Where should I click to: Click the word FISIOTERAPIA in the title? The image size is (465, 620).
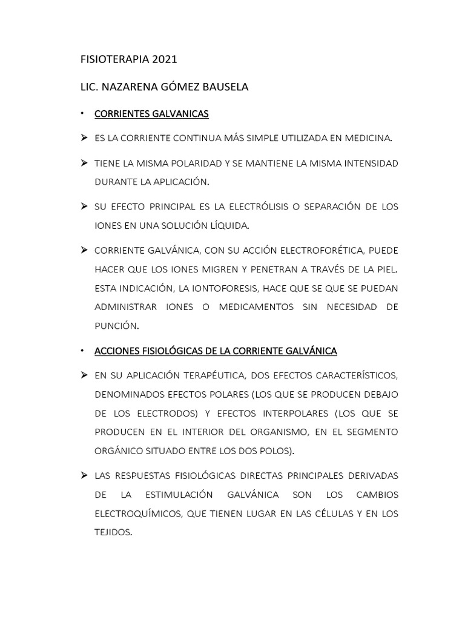111,60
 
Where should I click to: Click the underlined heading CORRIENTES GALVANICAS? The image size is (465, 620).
151,113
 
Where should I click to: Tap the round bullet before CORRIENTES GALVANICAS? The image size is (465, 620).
83,113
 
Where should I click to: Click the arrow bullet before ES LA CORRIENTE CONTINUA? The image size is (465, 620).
84,138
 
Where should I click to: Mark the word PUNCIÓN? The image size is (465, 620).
116,326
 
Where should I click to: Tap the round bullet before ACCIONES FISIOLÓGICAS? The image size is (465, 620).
83,351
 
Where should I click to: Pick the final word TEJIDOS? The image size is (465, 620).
113,533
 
